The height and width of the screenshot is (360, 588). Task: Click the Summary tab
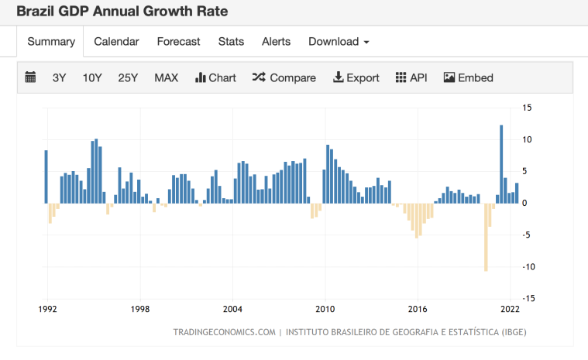51,42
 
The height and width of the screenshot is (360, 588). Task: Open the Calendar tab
116,42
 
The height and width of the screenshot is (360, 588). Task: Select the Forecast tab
178,42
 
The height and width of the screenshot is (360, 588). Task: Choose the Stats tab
231,42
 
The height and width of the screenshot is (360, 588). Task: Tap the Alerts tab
277,42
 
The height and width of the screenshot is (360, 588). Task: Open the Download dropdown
339,42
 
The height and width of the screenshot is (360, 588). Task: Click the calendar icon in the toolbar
31,77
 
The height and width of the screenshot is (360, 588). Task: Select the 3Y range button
60,77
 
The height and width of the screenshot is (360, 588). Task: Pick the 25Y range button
128,77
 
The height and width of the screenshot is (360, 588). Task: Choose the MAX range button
166,77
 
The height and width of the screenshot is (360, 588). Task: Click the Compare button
284,77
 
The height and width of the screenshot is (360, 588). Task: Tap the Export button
356,77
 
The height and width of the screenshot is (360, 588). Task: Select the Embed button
469,77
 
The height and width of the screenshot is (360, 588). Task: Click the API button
411,77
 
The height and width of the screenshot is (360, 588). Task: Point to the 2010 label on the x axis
325,309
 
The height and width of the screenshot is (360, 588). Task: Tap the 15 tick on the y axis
526,108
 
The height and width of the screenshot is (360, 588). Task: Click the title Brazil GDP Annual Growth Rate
122,12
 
